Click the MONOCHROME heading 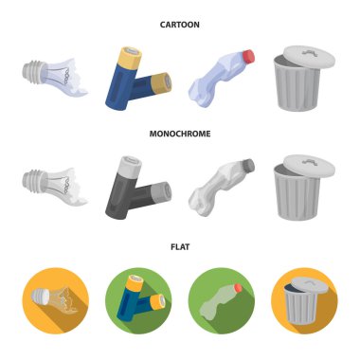(180, 135)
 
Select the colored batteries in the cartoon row (138, 81)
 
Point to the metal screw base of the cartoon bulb (32, 70)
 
